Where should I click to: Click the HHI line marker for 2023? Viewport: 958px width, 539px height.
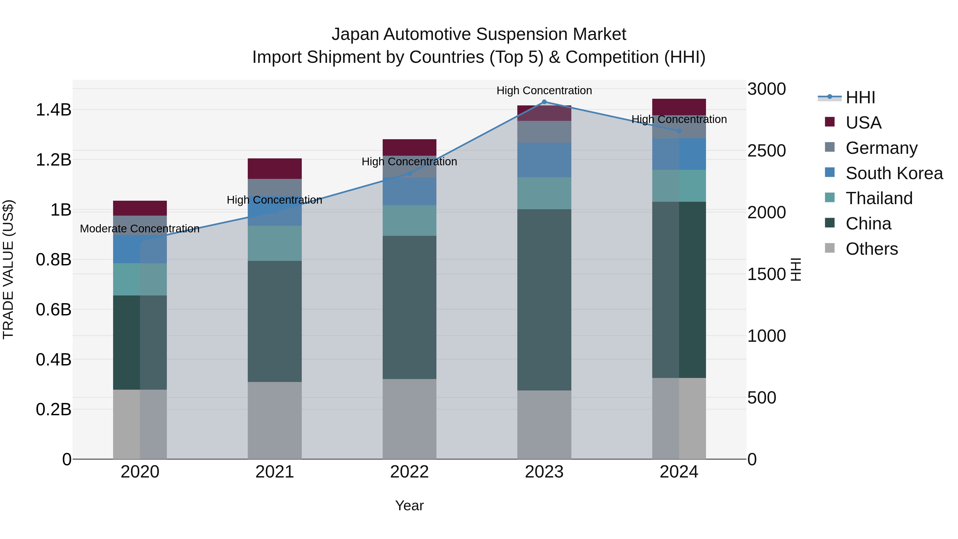pyautogui.click(x=544, y=102)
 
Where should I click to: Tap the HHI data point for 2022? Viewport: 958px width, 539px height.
pyautogui.click(x=410, y=173)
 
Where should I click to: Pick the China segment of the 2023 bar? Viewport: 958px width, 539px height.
pyautogui.click(x=544, y=299)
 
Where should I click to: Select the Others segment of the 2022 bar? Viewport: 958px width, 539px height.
pyautogui.click(x=410, y=419)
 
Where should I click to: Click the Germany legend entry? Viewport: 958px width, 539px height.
pyautogui.click(x=881, y=148)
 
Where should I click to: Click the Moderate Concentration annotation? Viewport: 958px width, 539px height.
pyautogui.click(x=140, y=229)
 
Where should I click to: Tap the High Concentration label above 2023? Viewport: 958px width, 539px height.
pyautogui.click(x=544, y=91)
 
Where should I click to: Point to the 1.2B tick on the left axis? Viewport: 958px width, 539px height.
pyautogui.click(x=53, y=160)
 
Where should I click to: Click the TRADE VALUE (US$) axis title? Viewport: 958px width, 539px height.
pyautogui.click(x=8, y=269)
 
